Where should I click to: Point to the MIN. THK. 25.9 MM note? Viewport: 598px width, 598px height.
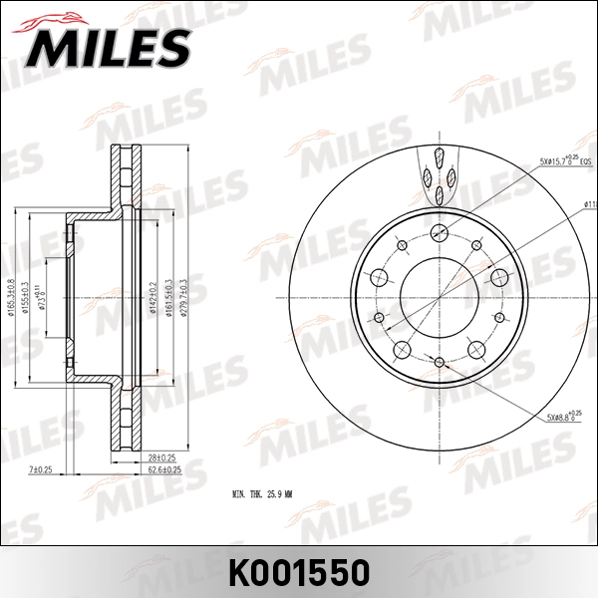pos(268,493)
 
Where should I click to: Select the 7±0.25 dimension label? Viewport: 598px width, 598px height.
pos(41,467)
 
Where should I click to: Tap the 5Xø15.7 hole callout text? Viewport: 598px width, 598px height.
pos(565,159)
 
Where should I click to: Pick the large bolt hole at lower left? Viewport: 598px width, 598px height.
pos(402,348)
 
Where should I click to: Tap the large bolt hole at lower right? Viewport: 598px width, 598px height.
pos(475,348)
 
